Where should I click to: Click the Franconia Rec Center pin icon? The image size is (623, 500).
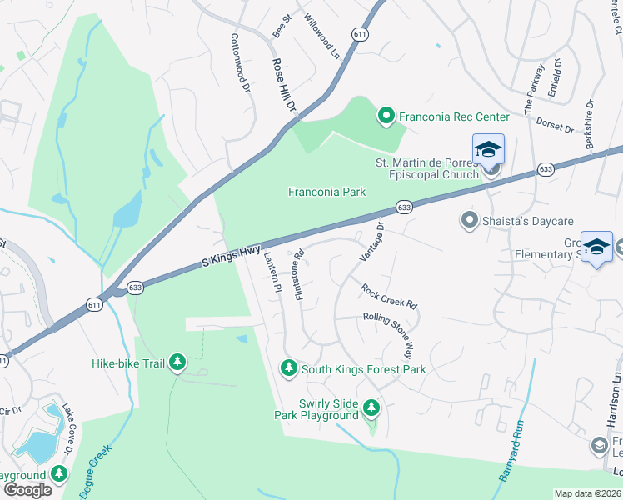point(386,117)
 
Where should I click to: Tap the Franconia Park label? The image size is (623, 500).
point(326,192)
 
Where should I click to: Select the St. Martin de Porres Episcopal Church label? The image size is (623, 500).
point(434,168)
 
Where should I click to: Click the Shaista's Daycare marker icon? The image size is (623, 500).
point(469,221)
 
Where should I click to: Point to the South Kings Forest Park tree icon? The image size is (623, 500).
point(288,368)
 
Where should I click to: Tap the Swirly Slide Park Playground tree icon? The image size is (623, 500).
point(371,408)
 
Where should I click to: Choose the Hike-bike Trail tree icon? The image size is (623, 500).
point(177,362)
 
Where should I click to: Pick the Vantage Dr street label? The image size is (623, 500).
point(371,239)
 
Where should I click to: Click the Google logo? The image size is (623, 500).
point(27,490)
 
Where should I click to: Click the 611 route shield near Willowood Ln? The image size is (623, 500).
point(359,34)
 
